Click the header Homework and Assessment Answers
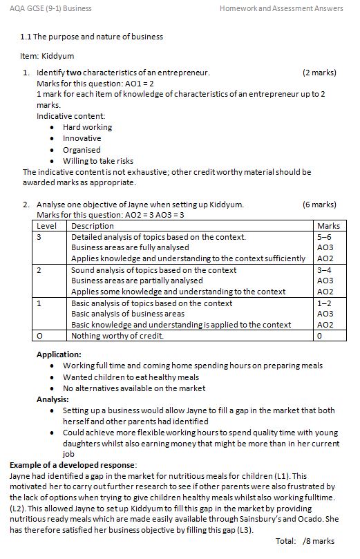click(x=281, y=8)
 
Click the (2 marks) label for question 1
click(x=319, y=72)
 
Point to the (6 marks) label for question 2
click(x=319, y=205)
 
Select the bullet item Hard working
click(x=87, y=127)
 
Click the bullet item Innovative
click(x=82, y=138)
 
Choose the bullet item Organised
click(x=82, y=149)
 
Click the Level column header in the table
click(x=46, y=226)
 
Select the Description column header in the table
click(x=93, y=226)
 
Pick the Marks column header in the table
click(x=328, y=226)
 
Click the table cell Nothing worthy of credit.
click(x=117, y=337)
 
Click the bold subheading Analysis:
click(x=53, y=399)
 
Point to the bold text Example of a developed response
click(x=73, y=465)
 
